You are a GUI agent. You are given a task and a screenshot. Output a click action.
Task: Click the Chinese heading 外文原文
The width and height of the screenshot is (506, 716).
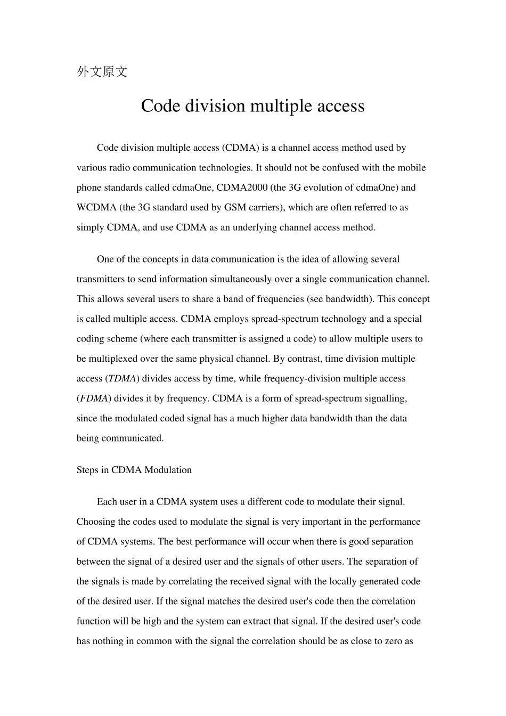(x=102, y=72)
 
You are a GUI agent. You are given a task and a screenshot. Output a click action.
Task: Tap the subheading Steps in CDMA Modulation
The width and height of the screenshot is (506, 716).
(x=134, y=470)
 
